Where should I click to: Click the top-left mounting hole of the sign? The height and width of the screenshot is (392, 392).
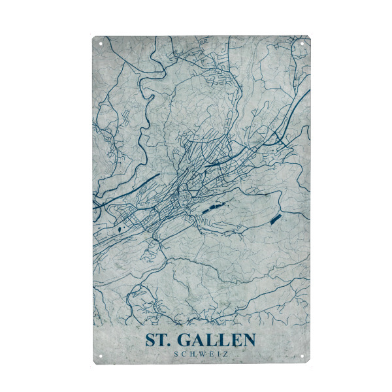click(101, 44)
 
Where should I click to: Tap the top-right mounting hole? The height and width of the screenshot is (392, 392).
click(303, 44)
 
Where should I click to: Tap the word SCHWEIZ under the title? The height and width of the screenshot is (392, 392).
click(201, 354)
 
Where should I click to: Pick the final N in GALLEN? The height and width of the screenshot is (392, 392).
click(248, 340)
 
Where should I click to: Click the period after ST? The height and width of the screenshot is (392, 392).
click(169, 344)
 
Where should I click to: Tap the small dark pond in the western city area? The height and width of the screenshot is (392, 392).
click(121, 229)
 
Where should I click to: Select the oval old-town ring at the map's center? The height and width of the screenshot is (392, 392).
click(186, 195)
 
